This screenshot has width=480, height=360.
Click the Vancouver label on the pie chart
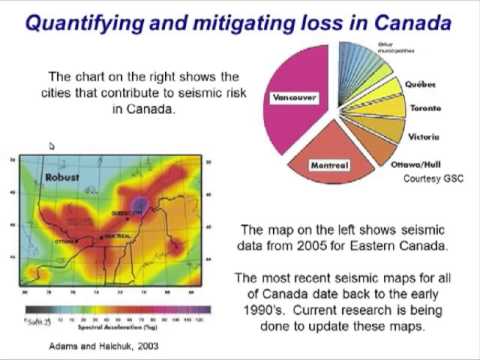click(x=293, y=97)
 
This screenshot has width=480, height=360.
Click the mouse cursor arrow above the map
click(x=51, y=146)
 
